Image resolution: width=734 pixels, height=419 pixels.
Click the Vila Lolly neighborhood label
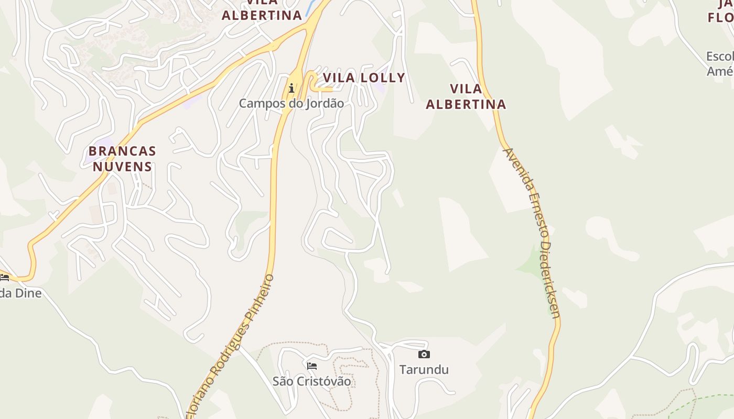pos(364,78)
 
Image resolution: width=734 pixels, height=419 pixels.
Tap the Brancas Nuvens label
pos(122,159)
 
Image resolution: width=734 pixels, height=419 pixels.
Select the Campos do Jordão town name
pos(292,103)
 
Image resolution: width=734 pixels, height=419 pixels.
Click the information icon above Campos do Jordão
pos(292,88)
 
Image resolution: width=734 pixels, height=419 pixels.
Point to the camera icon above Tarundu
pos(424,355)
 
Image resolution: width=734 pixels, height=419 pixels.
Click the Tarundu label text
pos(424,370)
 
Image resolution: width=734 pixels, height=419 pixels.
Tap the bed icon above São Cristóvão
pos(312,366)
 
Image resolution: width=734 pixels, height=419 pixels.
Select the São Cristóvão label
pos(312,381)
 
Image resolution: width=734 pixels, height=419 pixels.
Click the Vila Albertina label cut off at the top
pos(262,14)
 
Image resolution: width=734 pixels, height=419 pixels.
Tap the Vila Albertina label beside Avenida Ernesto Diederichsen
pos(466,96)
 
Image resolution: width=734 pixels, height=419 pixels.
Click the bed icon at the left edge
pos(4,278)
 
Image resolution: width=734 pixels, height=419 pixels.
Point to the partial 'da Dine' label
pos(20,293)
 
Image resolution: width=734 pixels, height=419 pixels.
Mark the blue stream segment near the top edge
pos(311,7)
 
